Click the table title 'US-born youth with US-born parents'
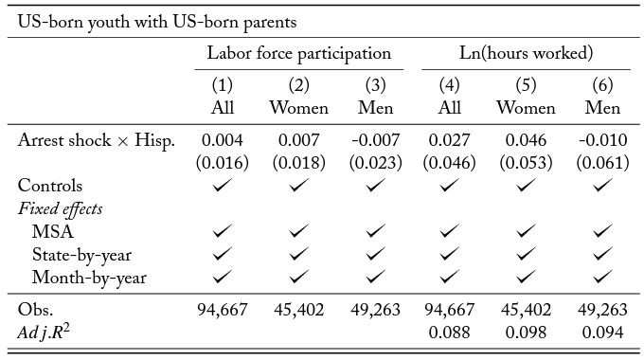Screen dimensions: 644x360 [x=157, y=22]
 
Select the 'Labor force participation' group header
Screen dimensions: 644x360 [x=299, y=53]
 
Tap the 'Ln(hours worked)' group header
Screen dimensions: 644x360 [x=526, y=53]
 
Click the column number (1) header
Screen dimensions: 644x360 [x=223, y=85]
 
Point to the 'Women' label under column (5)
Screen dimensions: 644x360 [x=526, y=108]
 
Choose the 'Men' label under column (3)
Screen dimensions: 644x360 [x=375, y=108]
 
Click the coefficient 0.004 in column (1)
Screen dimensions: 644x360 [x=223, y=140]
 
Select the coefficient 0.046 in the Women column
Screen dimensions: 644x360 [x=526, y=140]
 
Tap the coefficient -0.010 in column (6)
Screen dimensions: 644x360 [x=602, y=140]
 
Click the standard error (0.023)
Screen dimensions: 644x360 [x=375, y=163]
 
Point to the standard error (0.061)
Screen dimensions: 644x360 [x=602, y=163]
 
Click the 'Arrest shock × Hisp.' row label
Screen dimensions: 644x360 [x=97, y=141]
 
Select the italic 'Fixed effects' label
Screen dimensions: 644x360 [x=60, y=208]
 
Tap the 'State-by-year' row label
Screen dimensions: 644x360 [x=81, y=255]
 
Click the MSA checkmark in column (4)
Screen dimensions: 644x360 [x=449, y=231]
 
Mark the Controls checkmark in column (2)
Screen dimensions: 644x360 [x=298, y=186]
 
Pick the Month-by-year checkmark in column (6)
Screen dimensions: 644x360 [x=602, y=278]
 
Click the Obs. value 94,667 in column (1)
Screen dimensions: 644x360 [x=223, y=310]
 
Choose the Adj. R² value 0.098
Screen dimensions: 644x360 [x=526, y=333]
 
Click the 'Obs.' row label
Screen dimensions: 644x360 [x=35, y=310]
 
